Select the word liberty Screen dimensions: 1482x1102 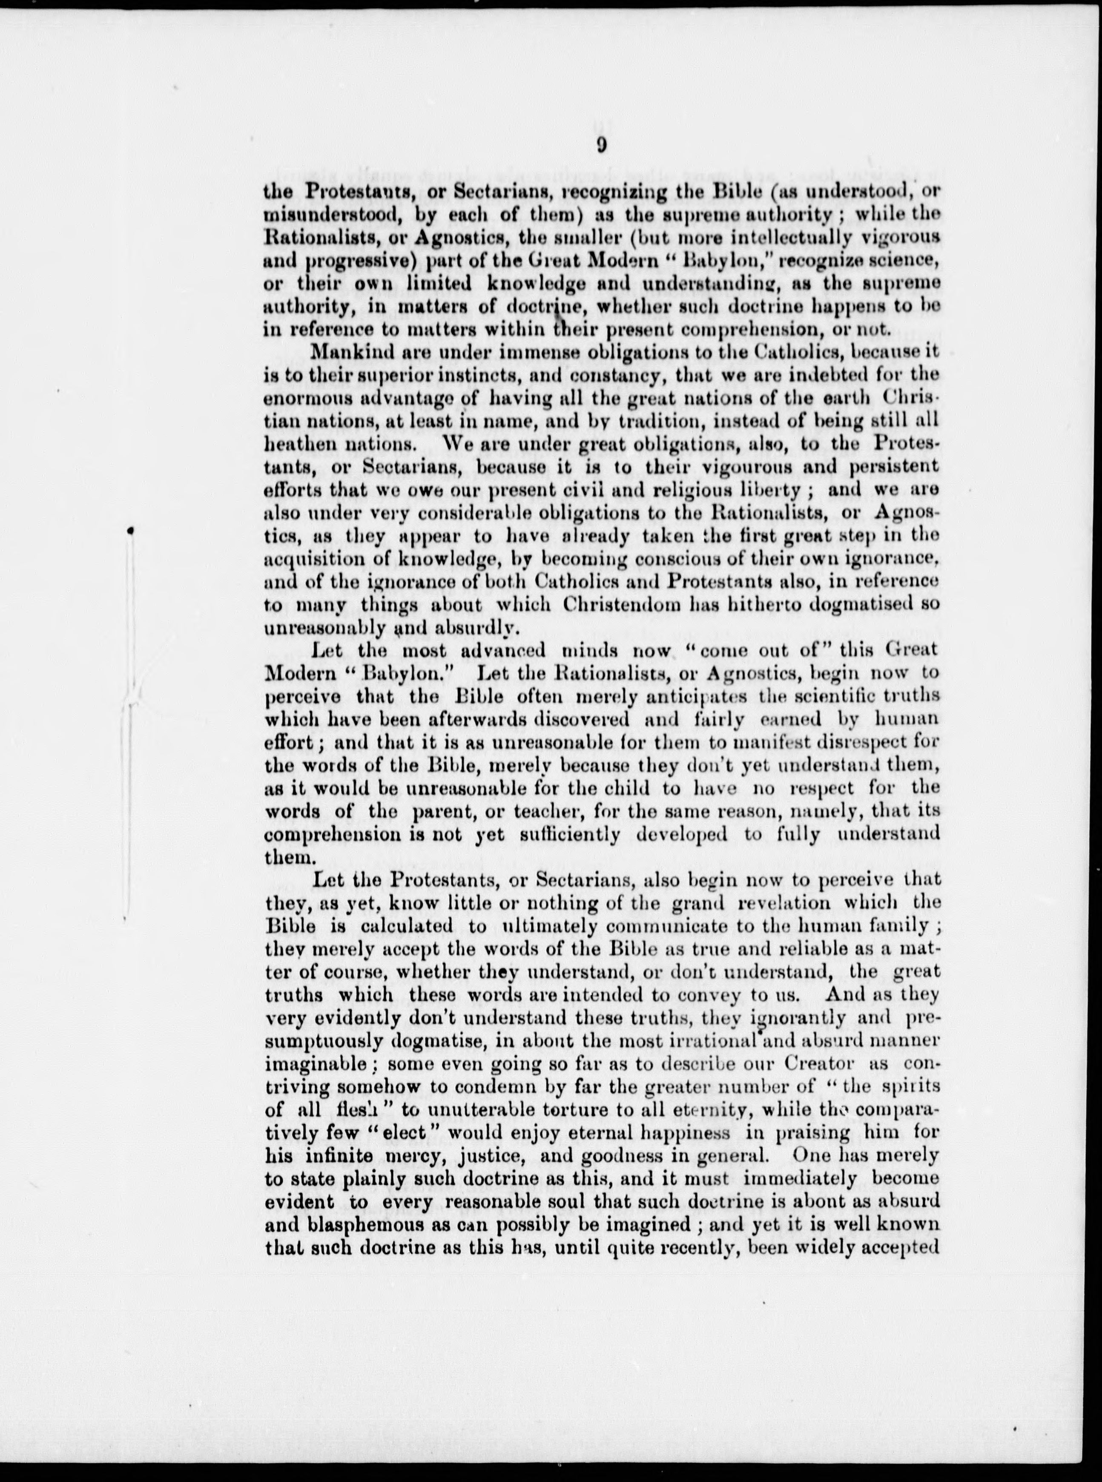[767, 490]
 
